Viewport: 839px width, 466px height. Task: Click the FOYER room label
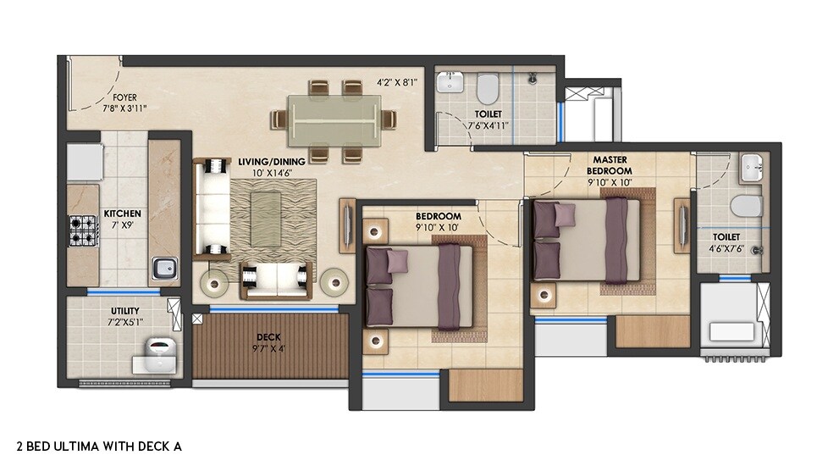[x=124, y=97]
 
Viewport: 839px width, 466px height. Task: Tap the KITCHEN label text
[x=122, y=214]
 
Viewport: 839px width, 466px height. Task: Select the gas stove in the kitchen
[x=83, y=229]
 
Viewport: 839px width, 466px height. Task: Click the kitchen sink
[x=163, y=270]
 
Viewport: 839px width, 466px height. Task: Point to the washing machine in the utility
[x=160, y=349]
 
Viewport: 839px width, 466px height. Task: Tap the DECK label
[x=270, y=337]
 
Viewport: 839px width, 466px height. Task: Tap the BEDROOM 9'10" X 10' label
[x=438, y=221]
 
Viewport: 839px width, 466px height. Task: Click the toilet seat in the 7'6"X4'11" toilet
[x=488, y=87]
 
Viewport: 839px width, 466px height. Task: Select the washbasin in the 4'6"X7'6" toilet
[x=750, y=169]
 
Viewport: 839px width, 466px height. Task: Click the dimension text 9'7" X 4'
[x=269, y=347]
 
